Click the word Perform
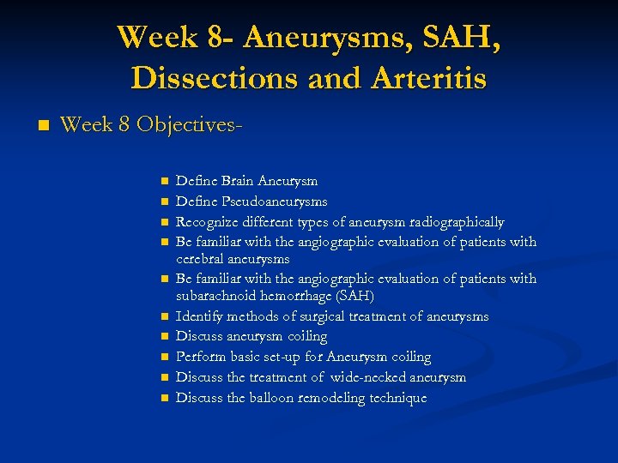[200, 357]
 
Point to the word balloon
[276, 398]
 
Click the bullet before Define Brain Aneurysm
[161, 182]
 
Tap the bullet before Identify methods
[161, 317]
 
